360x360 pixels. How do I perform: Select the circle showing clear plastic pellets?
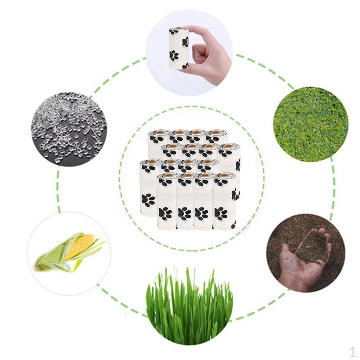pos(69,128)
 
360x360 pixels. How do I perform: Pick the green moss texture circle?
pos(310,124)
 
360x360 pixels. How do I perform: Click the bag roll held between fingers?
pos(179,48)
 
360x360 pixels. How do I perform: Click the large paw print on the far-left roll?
pos(148,200)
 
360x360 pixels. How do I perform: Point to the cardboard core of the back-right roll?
pos(216,133)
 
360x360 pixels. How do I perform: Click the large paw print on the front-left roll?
pos(165,213)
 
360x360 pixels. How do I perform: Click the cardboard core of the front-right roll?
pos(224,175)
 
